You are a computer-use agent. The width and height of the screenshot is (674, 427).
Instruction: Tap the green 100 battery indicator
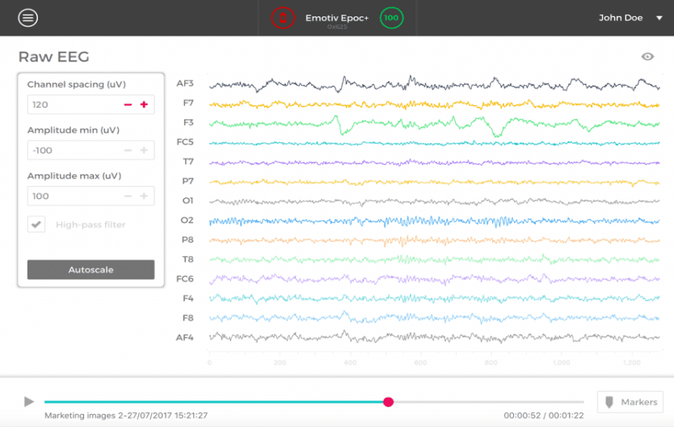pyautogui.click(x=391, y=17)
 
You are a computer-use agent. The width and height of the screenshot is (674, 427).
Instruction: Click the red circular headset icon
pyautogui.click(x=282, y=17)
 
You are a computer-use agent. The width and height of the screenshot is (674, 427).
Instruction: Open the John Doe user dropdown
pyautogui.click(x=626, y=18)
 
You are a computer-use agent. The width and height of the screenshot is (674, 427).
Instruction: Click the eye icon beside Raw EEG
pyautogui.click(x=647, y=57)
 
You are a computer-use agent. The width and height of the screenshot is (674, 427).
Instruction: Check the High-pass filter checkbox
pyautogui.click(x=36, y=225)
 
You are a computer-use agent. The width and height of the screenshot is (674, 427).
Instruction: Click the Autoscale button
pyautogui.click(x=91, y=270)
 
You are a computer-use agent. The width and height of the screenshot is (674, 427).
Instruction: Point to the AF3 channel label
pyautogui.click(x=185, y=83)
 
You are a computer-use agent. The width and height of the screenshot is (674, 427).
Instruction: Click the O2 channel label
pyautogui.click(x=187, y=220)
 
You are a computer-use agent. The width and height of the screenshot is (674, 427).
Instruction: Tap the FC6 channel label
pyautogui.click(x=185, y=279)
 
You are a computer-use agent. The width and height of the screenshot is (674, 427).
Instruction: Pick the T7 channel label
pyautogui.click(x=187, y=162)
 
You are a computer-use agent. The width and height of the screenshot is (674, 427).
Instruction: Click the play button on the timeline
pyautogui.click(x=29, y=402)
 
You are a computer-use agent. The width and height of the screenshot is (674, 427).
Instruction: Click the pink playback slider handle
pyautogui.click(x=388, y=402)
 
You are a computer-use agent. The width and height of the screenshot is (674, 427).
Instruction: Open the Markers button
pyautogui.click(x=630, y=402)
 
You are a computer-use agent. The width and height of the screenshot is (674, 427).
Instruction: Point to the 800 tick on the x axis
pyautogui.click(x=491, y=362)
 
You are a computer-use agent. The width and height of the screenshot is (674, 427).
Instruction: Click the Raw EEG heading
pyautogui.click(x=53, y=57)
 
